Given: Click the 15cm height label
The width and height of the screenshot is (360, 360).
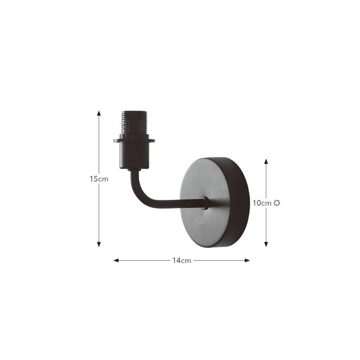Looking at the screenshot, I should pos(99,179).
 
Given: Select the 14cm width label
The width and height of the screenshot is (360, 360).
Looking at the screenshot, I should pos(181,261).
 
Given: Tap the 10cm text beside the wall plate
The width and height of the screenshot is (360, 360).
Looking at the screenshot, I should pos(261,203).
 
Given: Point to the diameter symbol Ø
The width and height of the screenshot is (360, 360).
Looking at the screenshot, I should pos(276,203).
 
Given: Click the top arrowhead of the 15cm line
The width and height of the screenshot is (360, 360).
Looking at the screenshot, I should pos(99,114).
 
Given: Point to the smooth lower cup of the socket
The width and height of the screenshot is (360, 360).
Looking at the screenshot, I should pos(133,155).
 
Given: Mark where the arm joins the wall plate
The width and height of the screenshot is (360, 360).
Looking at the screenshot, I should pos(205,202).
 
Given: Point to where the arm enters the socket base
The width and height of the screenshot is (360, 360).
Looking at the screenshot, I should pos(132,170).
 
